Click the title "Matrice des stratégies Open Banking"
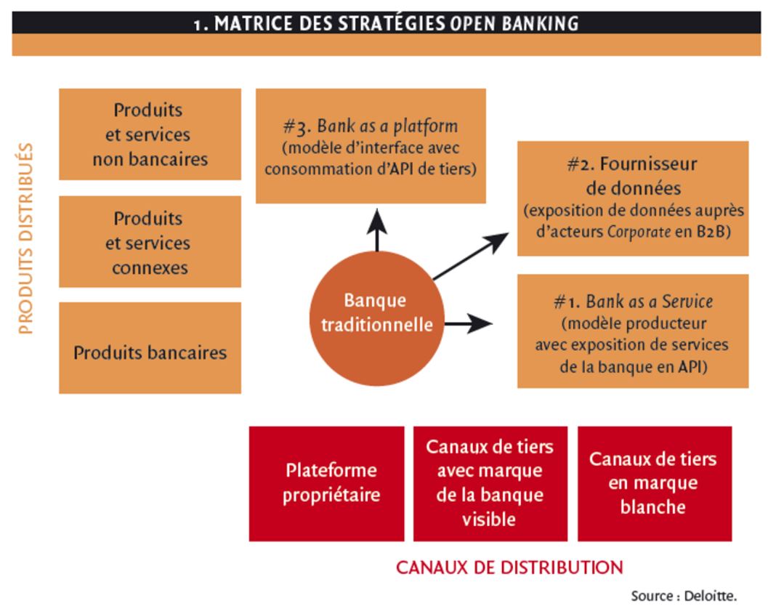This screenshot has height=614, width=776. pyautogui.click(x=387, y=23)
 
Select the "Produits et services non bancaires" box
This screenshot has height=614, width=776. pyautogui.click(x=150, y=134)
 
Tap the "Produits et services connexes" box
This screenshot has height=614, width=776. pyautogui.click(x=150, y=242)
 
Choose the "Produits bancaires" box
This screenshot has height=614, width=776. pyautogui.click(x=150, y=348)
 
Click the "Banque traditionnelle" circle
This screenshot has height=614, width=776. pyautogui.click(x=376, y=318)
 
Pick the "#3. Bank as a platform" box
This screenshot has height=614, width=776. pyautogui.click(x=371, y=146)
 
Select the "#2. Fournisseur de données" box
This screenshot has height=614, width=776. pyautogui.click(x=633, y=198)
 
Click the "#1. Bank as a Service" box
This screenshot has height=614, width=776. pyautogui.click(x=633, y=331)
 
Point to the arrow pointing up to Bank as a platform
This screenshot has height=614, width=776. pyautogui.click(x=377, y=230)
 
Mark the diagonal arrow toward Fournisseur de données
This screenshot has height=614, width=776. pyautogui.click(x=471, y=256)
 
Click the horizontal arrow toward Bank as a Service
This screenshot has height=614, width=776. pyautogui.click(x=468, y=323)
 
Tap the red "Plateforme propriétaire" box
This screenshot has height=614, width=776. pyautogui.click(x=327, y=484)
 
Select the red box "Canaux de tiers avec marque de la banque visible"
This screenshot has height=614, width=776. pyautogui.click(x=490, y=484)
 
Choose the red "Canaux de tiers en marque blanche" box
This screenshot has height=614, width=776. pyautogui.click(x=655, y=484)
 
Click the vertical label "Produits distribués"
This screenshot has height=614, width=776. pyautogui.click(x=25, y=238)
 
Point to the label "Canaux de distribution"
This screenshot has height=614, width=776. pyautogui.click(x=510, y=567)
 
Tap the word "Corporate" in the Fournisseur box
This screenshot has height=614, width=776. pyautogui.click(x=639, y=232)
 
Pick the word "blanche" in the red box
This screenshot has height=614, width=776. pyautogui.click(x=653, y=506)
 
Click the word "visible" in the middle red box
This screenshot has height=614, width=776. pyautogui.click(x=489, y=520)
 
